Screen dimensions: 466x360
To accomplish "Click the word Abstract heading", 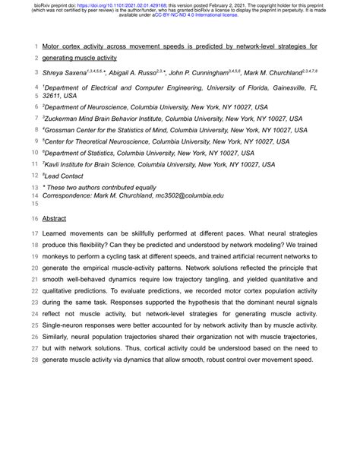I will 54,218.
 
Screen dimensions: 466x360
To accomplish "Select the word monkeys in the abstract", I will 62,257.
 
